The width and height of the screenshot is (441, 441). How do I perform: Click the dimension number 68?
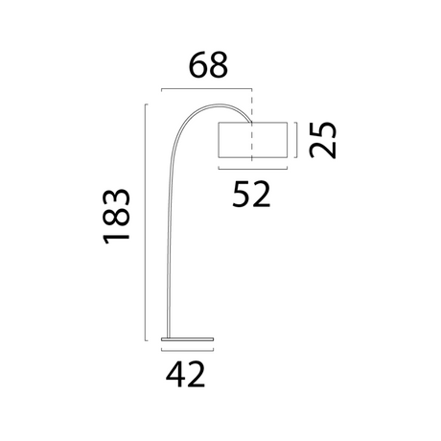(x=207, y=65)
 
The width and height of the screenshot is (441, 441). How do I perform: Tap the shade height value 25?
(x=325, y=139)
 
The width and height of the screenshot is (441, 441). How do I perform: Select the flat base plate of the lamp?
(x=187, y=339)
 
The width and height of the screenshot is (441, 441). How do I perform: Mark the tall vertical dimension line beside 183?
(x=147, y=220)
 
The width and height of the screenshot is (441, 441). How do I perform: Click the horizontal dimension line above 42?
(x=187, y=351)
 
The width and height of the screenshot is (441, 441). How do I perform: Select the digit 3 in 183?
(x=117, y=197)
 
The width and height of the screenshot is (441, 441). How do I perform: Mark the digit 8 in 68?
(x=220, y=65)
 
